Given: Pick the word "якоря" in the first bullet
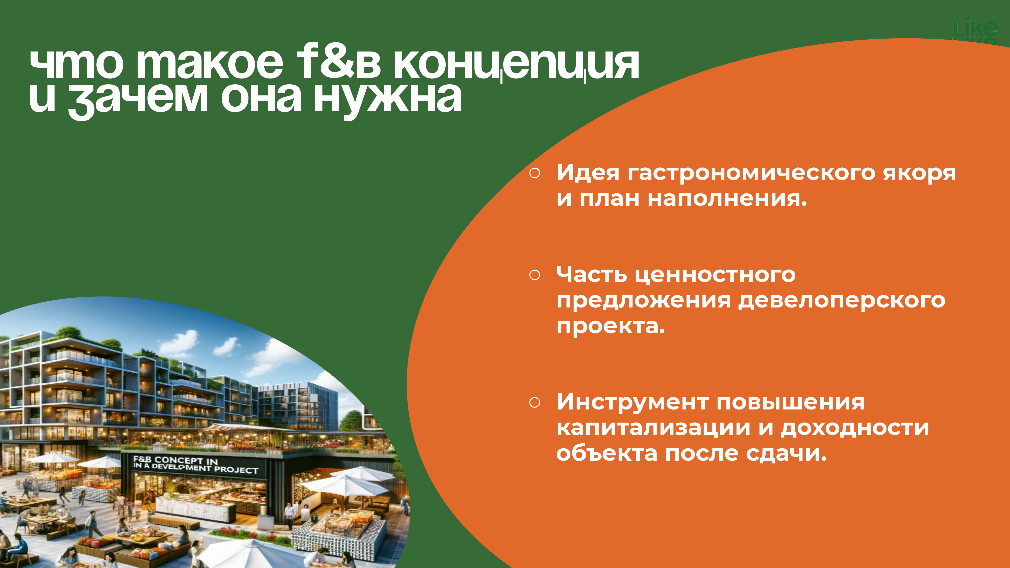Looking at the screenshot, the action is (x=919, y=174).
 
